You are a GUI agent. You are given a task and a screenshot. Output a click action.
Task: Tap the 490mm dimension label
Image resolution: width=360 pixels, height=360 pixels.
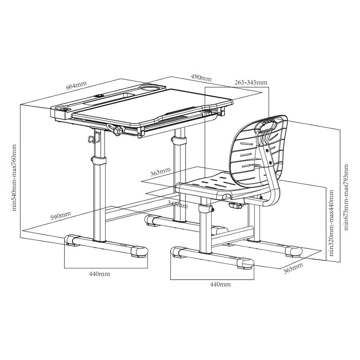coord(201,78)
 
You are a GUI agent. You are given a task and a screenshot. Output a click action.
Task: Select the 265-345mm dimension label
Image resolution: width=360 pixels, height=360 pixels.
coord(251,82)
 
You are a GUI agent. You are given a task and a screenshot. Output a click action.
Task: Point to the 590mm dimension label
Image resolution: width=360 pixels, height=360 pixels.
coord(61,216)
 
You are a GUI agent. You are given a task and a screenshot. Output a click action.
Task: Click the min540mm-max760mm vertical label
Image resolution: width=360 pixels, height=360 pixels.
coord(14,178)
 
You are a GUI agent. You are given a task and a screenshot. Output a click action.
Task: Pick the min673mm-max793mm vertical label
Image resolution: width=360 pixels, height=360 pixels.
coord(346,197)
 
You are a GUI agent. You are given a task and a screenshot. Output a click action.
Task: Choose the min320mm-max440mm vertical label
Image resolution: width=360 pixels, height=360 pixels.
coord(331,223)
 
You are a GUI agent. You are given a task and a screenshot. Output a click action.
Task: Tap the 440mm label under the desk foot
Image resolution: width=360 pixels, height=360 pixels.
coord(100,274)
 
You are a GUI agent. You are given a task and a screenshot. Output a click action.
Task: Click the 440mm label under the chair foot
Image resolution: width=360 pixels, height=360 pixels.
coord(220,284)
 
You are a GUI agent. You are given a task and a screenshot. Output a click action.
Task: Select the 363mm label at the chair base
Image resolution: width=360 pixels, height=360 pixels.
coord(293,268)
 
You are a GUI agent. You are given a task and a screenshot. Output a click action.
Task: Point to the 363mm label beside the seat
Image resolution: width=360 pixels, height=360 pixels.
coord(160,172)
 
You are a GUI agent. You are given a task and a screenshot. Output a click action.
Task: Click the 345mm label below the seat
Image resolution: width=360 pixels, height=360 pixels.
coord(178,204)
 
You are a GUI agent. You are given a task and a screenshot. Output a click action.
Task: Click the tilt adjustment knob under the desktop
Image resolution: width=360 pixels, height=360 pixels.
coord(118,131)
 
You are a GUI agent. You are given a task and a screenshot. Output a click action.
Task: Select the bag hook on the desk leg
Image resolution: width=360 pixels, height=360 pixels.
coord(94,138)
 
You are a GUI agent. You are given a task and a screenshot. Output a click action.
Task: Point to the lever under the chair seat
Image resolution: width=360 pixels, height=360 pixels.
coord(236,205)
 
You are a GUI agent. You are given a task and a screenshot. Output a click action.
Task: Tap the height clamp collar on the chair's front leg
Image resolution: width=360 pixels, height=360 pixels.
coord(205,209)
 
